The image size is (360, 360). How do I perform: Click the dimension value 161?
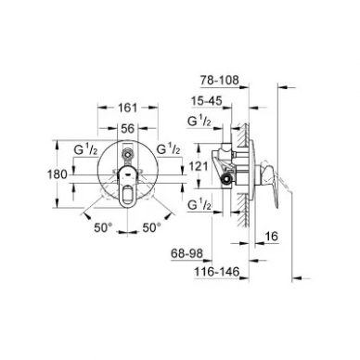click(127, 108)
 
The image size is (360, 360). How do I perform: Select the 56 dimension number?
click(128, 128)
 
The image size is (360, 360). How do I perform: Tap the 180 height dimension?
click(57, 174)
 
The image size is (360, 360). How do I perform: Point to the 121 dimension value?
click(198, 167)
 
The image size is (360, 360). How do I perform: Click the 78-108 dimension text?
click(219, 81)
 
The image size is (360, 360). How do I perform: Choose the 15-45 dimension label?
click(207, 101)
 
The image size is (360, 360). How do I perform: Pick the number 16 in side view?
click(272, 237)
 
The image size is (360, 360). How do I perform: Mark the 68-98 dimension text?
click(187, 254)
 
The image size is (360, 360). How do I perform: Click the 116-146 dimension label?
click(217, 272)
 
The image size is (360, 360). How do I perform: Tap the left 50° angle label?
click(103, 228)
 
